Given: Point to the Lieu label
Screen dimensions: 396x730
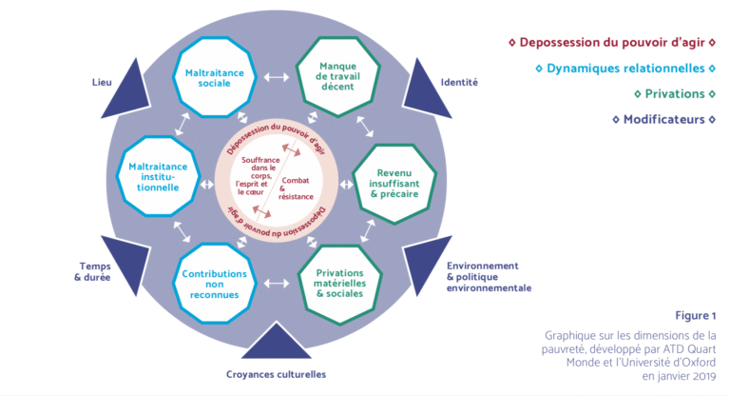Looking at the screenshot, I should click(x=103, y=82).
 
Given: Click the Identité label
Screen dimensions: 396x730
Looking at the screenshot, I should click(x=459, y=82).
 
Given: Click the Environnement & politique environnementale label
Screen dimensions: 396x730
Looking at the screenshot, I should click(x=488, y=276).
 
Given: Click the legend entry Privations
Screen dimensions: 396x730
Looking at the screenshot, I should click(x=674, y=94).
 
